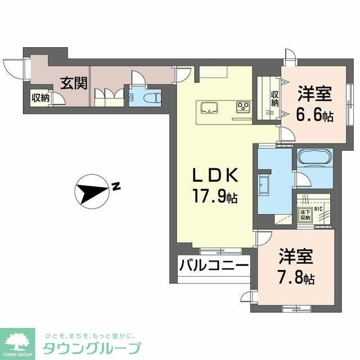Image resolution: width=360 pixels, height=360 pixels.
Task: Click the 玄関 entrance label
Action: pyautogui.click(x=74, y=84)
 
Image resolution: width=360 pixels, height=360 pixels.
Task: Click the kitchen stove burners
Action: pyautogui.click(x=243, y=106)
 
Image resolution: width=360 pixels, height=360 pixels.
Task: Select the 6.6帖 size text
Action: pyautogui.click(x=314, y=115)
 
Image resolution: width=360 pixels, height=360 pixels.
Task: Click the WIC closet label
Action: pyautogui.click(x=317, y=210)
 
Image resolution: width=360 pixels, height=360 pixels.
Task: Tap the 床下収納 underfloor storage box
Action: pyautogui.click(x=304, y=215)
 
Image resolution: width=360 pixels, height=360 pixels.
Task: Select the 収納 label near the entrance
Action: pyautogui.click(x=40, y=98)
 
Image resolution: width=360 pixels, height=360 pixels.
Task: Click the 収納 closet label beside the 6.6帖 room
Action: pyautogui.click(x=274, y=99)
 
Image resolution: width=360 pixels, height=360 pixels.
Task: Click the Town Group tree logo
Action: pyautogui.click(x=19, y=340)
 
